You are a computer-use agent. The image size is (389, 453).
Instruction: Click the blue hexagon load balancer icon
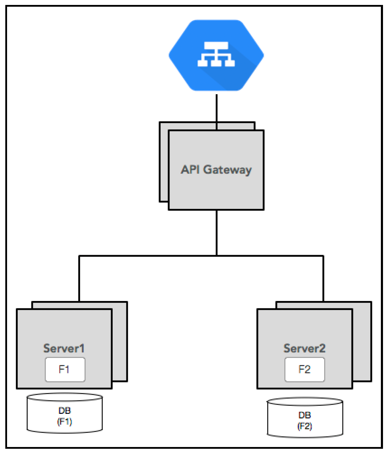216,55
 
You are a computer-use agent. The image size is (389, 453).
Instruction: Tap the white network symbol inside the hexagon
216,54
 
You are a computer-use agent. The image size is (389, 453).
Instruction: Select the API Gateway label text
216,170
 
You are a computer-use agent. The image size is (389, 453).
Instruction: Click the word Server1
64,348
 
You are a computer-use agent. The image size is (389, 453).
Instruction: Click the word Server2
304,348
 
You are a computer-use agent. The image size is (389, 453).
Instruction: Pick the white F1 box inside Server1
65,369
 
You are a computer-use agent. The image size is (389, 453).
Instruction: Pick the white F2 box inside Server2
305,369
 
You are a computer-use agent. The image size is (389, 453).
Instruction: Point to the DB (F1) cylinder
65,413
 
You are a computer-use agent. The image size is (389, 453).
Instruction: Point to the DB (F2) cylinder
305,417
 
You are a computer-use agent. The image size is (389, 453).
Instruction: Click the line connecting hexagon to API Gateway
217,112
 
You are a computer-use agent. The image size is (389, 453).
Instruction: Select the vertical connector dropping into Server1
79,278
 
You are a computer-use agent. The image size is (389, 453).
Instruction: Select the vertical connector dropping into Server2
323,278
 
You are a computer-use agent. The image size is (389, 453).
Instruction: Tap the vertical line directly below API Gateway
217,233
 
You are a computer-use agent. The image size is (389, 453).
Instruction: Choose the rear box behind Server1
120,342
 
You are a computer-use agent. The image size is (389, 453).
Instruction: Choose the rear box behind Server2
362,342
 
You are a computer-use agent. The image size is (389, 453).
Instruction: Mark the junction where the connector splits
217,255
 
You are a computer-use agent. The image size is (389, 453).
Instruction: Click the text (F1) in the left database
65,422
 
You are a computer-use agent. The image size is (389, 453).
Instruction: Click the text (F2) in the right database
305,426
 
